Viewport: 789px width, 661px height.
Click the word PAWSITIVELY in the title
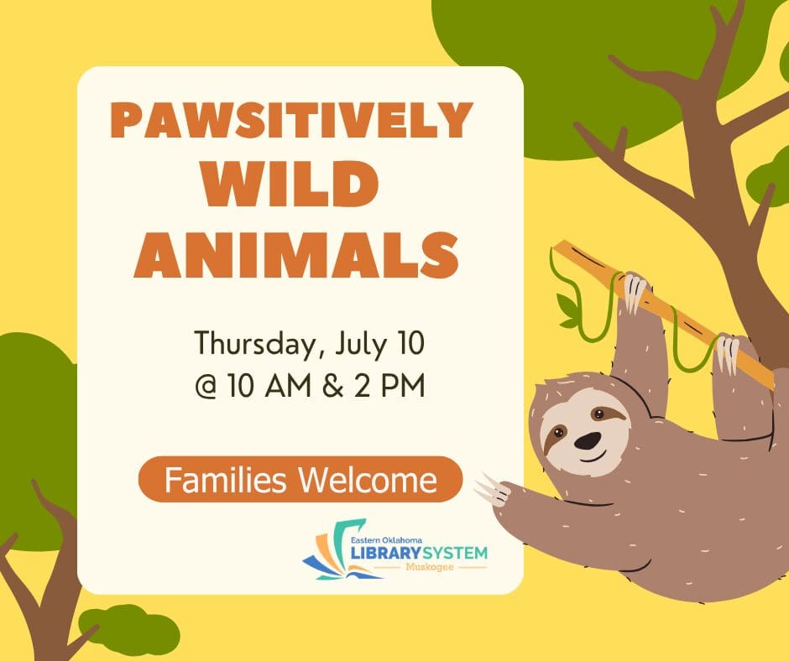click(292, 120)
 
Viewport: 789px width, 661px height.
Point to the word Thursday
click(256, 344)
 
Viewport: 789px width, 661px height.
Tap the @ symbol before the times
click(206, 387)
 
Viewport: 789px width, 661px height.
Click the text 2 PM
click(389, 386)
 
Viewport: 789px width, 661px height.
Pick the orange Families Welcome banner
click(300, 480)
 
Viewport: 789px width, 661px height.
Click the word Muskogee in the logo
click(431, 567)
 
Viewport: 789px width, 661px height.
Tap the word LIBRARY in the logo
click(385, 554)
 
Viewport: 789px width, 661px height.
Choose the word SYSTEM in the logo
click(456, 554)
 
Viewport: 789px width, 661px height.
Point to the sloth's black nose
click(588, 440)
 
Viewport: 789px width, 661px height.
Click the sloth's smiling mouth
click(593, 457)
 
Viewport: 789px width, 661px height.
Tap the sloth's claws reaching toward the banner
click(492, 488)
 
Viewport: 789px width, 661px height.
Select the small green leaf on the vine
click(567, 310)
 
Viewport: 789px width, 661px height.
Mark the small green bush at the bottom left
click(128, 630)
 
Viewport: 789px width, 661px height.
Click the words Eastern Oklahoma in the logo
click(386, 540)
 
